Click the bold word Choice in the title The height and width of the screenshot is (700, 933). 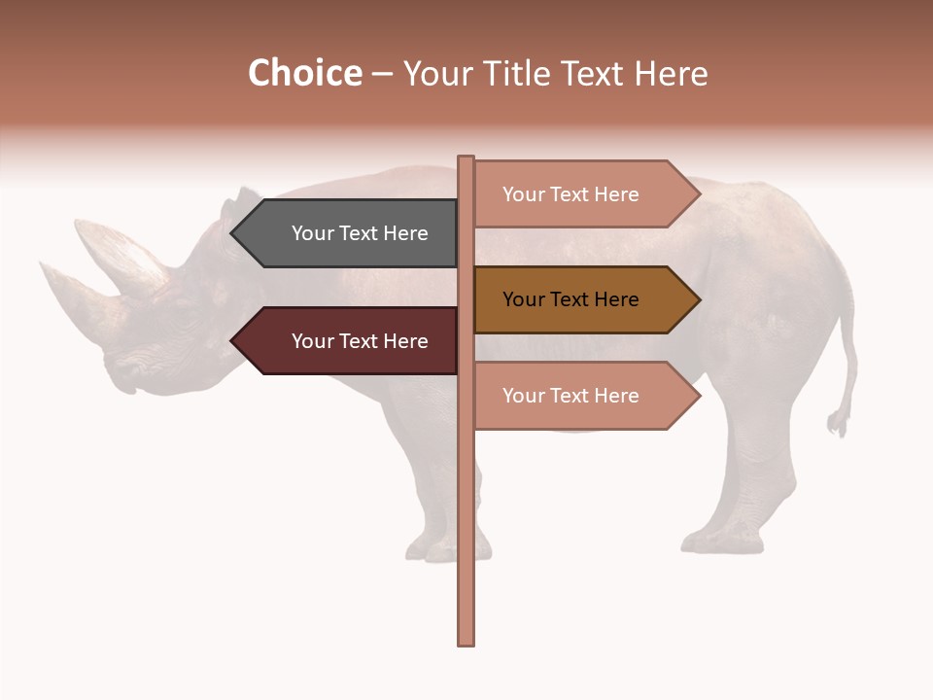pos(304,74)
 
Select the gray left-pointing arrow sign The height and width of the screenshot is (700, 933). pos(350,233)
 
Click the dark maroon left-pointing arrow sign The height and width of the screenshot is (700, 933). pos(350,341)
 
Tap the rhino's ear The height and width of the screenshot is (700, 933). pos(232,205)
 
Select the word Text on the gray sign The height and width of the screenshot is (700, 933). pos(360,233)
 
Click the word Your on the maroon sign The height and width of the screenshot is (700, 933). pos(311,341)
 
